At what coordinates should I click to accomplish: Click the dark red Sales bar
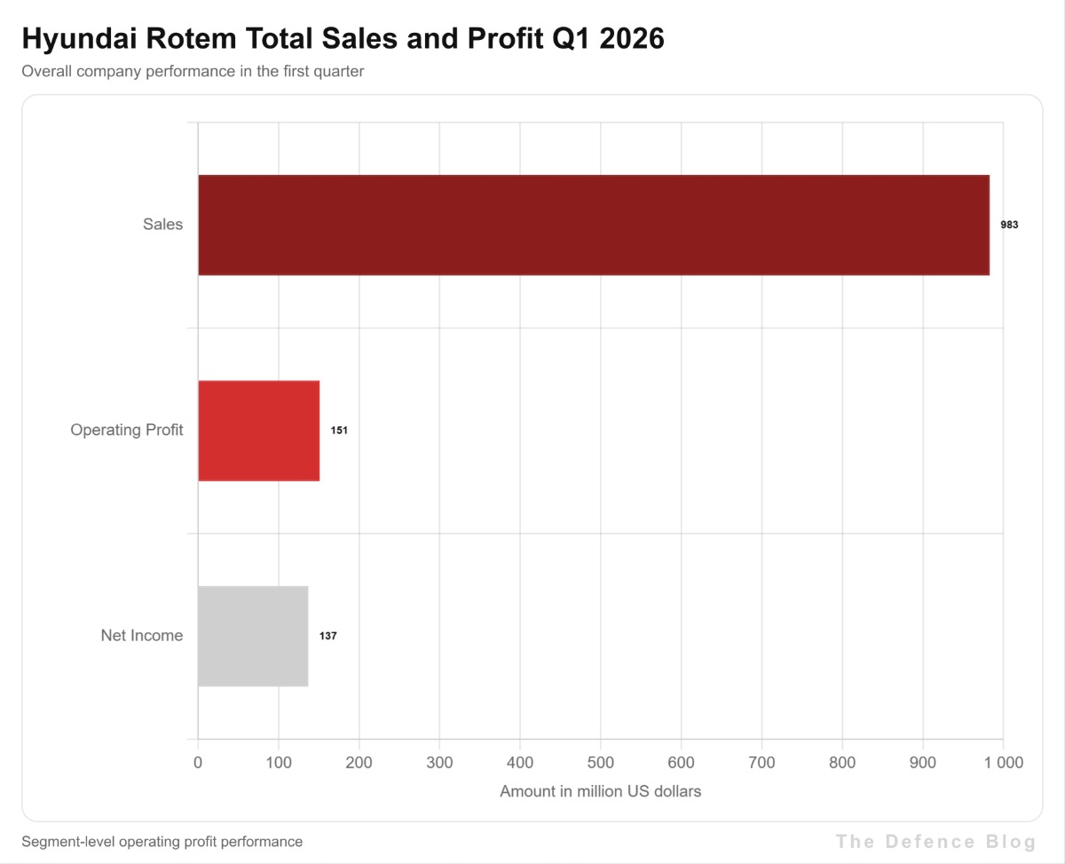594,226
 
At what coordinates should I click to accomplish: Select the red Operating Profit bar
258,431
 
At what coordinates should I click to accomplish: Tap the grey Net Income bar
253,637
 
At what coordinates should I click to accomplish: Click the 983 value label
1009,225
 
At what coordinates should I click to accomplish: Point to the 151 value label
339,431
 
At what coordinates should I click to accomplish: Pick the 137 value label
328,636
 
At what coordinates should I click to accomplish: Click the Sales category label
162,224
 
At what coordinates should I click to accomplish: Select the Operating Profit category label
127,430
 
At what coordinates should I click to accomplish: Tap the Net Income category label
141,636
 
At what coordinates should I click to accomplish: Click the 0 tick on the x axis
198,763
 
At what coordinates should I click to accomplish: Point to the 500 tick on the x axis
601,763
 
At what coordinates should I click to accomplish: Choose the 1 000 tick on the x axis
1004,763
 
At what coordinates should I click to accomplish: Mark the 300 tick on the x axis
439,763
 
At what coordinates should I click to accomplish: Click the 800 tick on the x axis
842,763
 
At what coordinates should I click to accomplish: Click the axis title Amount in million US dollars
601,791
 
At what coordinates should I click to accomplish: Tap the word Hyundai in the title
79,38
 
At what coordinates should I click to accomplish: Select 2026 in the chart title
632,38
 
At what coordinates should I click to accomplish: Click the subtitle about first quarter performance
193,72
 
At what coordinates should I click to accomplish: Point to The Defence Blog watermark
935,842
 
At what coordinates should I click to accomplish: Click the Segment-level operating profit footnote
162,842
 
